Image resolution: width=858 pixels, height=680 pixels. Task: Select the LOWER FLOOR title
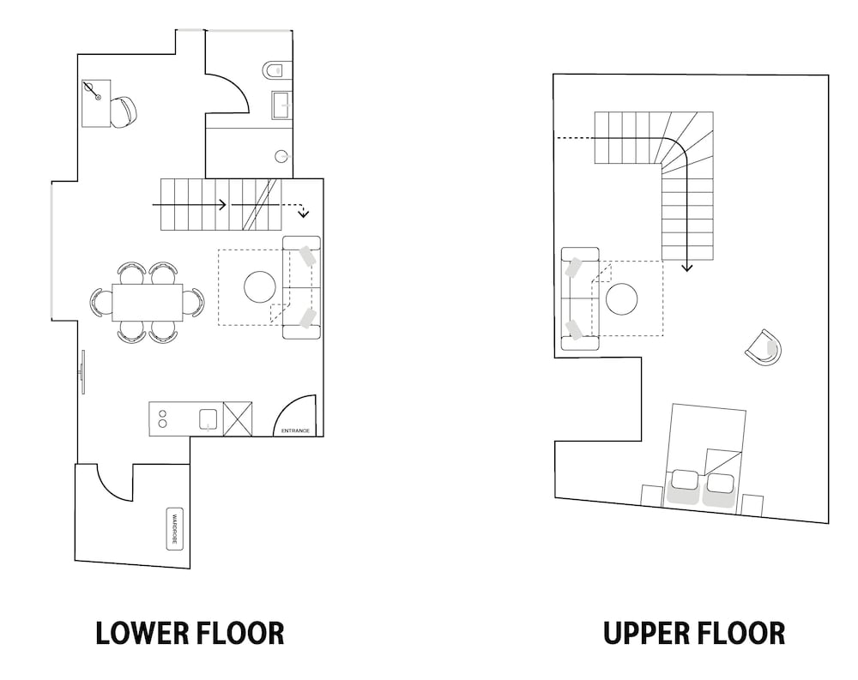tap(190, 633)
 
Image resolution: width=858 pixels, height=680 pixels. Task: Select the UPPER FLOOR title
tap(693, 633)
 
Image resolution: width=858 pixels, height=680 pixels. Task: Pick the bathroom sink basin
tap(281, 105)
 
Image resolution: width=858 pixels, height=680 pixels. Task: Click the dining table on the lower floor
tap(147, 302)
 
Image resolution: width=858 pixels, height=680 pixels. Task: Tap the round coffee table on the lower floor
tap(261, 286)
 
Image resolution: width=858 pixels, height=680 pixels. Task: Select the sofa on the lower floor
tap(301, 287)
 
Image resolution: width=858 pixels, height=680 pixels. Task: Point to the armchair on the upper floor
tap(764, 347)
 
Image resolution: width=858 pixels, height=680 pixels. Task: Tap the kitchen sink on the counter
tap(208, 418)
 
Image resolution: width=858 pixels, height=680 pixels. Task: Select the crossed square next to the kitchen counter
tap(238, 418)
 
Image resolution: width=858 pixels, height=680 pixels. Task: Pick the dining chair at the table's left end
tap(100, 302)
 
